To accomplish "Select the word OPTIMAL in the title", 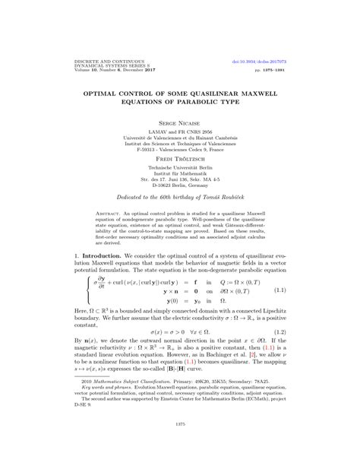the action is [x=112, y=87].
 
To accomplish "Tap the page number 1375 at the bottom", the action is [x=180, y=445].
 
